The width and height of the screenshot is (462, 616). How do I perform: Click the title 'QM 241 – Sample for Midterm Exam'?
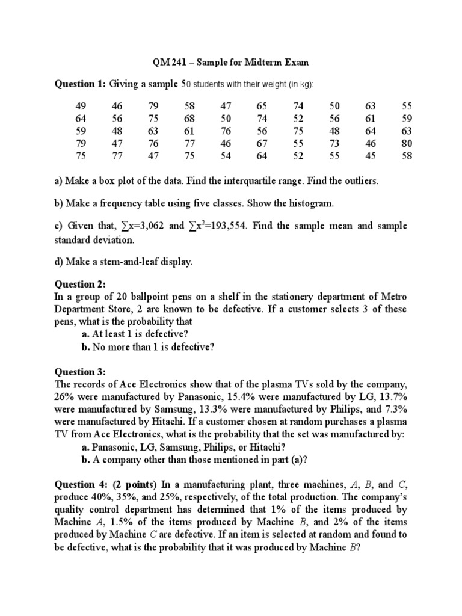pos(231,63)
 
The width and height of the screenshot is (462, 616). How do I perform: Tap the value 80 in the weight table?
pos(407,144)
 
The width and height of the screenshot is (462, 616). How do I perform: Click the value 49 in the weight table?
pos(81,106)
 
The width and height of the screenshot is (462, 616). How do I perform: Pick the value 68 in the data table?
pos(189,119)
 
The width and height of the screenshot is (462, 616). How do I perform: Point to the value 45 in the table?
pos(371,156)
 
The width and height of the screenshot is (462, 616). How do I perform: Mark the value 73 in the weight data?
pos(334,144)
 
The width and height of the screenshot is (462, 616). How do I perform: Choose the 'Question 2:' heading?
pos(81,283)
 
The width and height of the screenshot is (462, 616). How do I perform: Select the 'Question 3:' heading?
pos(81,372)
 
